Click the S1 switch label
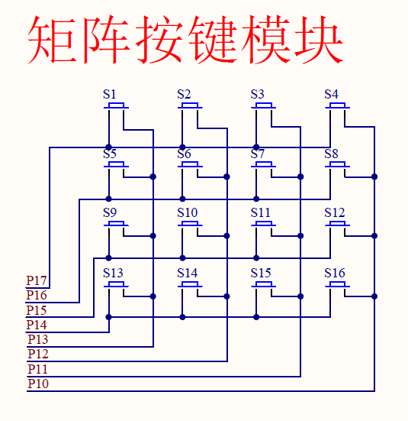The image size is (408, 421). [110, 95]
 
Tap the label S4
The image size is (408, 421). [331, 95]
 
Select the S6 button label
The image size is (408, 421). [184, 154]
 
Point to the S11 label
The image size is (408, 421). [261, 212]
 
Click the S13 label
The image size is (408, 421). [113, 273]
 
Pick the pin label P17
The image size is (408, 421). [37, 280]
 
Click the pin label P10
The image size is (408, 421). [37, 384]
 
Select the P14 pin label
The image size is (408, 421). [37, 325]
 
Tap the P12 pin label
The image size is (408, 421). [37, 354]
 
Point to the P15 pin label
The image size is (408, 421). [37, 310]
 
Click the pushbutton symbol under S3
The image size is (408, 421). [264, 106]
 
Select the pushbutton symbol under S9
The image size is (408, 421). [116, 225]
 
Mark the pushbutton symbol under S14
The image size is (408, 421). [190, 285]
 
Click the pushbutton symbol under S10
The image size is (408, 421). [190, 225]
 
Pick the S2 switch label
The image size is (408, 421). [184, 95]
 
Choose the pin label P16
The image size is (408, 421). [37, 295]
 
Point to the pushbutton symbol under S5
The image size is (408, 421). [116, 165]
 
